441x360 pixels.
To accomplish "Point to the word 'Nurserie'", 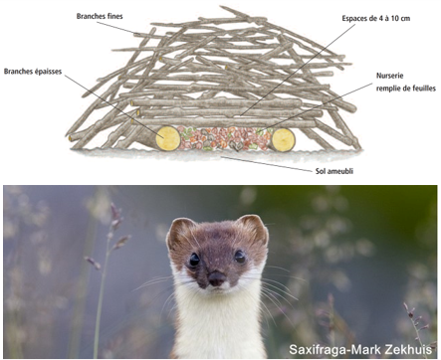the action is (x=390, y=76).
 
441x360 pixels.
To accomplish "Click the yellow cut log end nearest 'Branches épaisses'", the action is (x=166, y=136).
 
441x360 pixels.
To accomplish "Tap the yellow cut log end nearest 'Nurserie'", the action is (x=284, y=139).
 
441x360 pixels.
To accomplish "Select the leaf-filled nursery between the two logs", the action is (x=225, y=138).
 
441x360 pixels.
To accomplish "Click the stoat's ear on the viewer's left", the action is (x=179, y=232).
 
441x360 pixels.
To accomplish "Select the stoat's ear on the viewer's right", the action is (x=253, y=229).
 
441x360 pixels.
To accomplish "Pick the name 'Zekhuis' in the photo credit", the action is (x=408, y=349).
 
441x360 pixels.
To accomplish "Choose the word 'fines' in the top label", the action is (x=118, y=17).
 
